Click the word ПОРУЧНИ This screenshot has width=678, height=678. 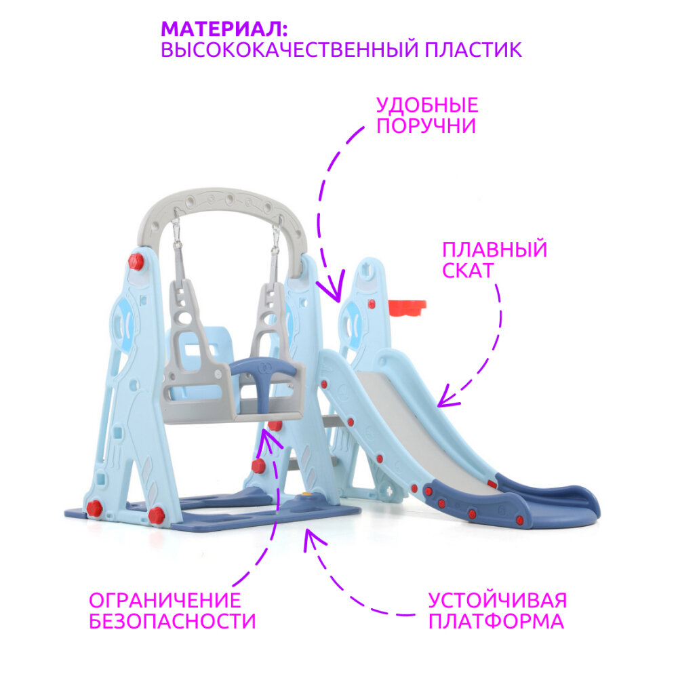426,126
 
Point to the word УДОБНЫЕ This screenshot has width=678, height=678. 427,105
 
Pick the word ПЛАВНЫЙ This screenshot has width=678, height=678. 494,250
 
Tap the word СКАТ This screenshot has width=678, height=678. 468,271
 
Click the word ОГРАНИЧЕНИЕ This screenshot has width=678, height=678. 165,600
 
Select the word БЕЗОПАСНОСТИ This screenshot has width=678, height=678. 172,621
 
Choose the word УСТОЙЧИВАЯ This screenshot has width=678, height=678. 497,600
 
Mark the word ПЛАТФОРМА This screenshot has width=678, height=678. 496,621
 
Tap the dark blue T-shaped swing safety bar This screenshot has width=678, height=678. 264,370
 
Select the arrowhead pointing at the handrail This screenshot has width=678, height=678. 330,292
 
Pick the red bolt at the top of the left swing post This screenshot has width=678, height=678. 136,261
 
